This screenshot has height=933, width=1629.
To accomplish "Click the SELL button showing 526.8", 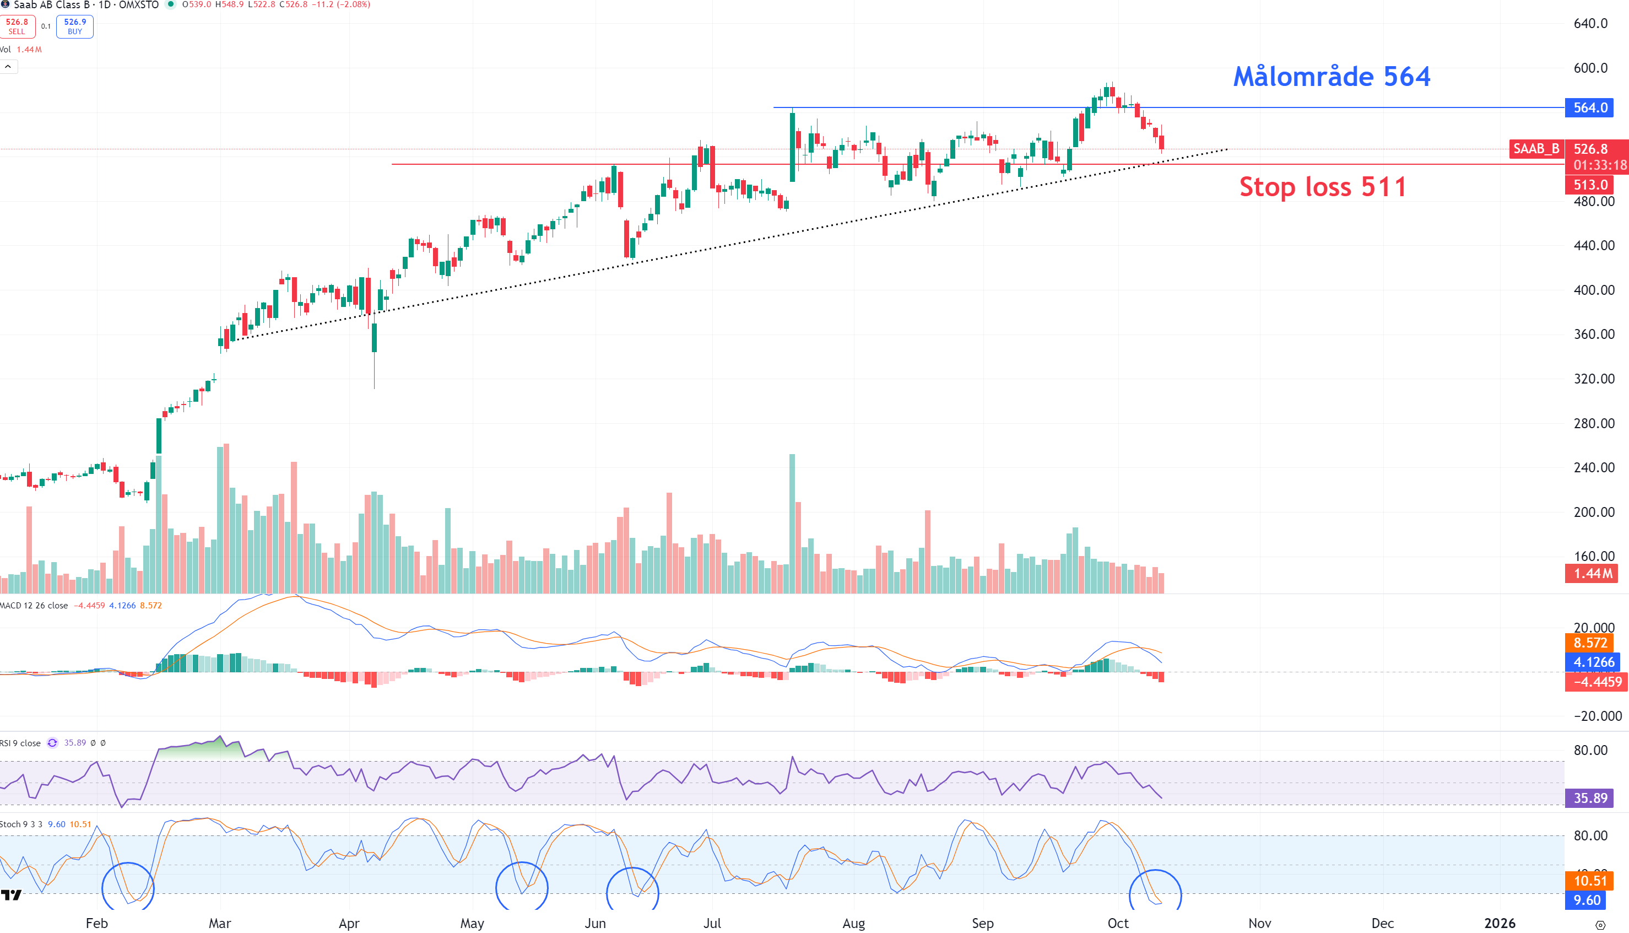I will click(17, 26).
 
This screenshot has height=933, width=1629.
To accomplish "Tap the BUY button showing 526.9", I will click(75, 26).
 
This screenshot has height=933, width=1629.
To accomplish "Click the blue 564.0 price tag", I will click(1590, 107).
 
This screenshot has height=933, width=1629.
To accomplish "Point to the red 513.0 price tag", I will click(1590, 185).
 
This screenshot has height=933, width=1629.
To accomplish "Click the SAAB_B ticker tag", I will click(1535, 149).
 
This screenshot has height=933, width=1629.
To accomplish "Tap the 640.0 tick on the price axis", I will click(1590, 24).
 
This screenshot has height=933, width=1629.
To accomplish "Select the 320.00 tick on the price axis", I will click(1594, 379).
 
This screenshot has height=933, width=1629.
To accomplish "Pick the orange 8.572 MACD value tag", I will click(1590, 643).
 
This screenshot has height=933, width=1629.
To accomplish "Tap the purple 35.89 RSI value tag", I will click(1590, 798).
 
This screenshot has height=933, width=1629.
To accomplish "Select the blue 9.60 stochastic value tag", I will click(1587, 900).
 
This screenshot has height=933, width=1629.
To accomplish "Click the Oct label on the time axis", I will click(1118, 923).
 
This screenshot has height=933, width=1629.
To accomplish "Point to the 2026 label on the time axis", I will click(1500, 923).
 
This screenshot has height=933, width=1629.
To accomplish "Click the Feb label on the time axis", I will click(97, 923).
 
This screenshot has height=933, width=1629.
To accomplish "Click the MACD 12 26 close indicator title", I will click(35, 606).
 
